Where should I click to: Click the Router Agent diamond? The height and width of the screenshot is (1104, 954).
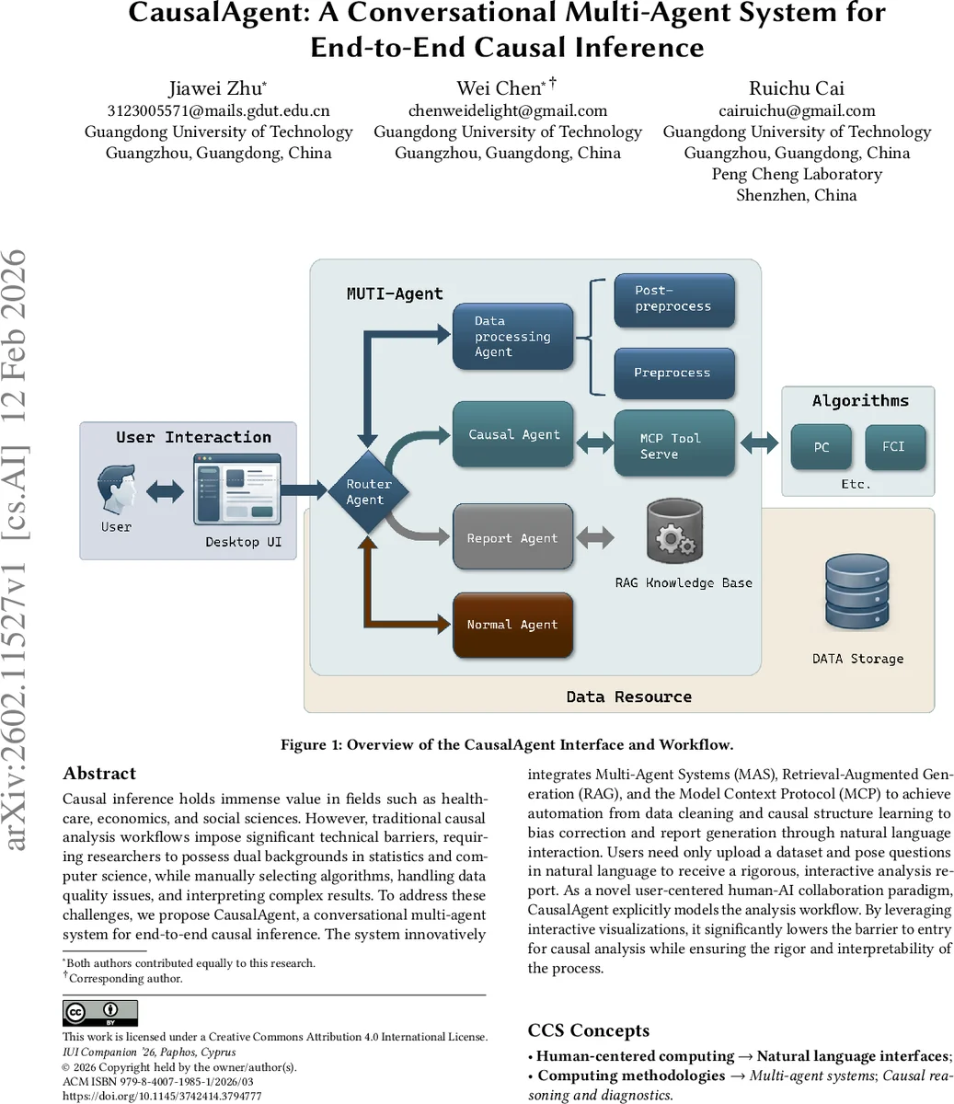(x=368, y=491)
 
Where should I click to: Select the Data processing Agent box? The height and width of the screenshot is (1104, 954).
(x=512, y=337)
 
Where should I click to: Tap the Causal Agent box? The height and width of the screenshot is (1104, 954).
(x=513, y=434)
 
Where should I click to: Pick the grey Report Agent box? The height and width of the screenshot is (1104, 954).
(x=512, y=538)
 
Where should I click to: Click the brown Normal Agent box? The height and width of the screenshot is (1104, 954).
(x=512, y=625)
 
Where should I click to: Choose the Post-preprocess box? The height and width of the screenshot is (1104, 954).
(x=674, y=299)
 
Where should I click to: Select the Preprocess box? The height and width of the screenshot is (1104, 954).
(x=674, y=373)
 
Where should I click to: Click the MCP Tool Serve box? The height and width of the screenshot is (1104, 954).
(x=674, y=445)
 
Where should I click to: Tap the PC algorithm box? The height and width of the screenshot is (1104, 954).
(x=822, y=447)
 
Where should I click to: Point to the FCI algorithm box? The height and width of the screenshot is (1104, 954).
(x=894, y=446)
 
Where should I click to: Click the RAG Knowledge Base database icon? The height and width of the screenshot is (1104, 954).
(x=674, y=532)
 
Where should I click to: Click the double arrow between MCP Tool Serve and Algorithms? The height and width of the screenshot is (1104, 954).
(x=759, y=444)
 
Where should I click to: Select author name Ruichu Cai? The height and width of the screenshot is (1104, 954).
(x=797, y=88)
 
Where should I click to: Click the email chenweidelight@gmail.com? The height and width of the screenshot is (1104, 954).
(x=508, y=110)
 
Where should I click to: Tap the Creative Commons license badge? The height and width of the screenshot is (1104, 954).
(x=99, y=1013)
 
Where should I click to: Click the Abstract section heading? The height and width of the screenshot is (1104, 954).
(x=99, y=773)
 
